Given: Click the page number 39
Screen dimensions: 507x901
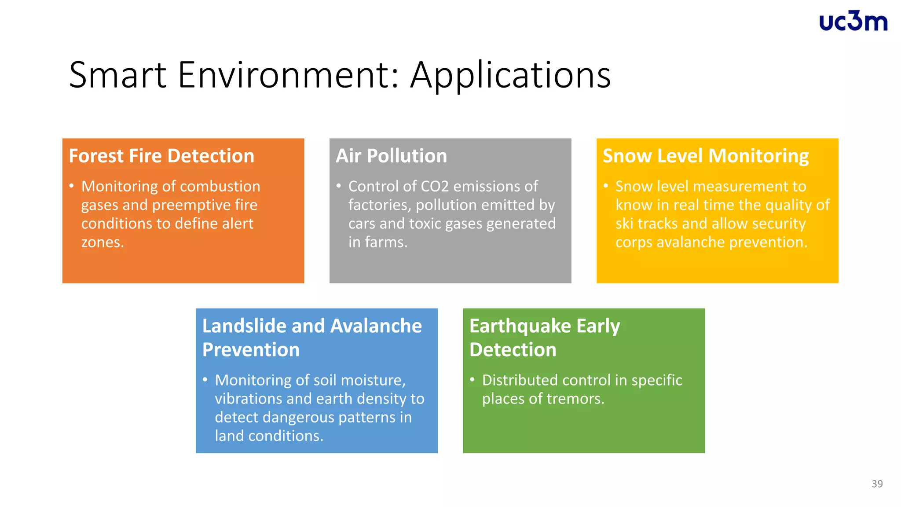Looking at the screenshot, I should (x=877, y=484).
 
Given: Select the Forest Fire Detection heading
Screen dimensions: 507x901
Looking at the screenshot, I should (x=161, y=156).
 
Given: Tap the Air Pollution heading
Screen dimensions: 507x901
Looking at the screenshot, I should (x=391, y=156).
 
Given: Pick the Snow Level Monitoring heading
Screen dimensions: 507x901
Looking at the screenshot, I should (x=705, y=156).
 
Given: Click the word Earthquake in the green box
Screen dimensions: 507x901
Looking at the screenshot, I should (x=520, y=326).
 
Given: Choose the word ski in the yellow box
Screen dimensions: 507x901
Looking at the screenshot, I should (x=624, y=224).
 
